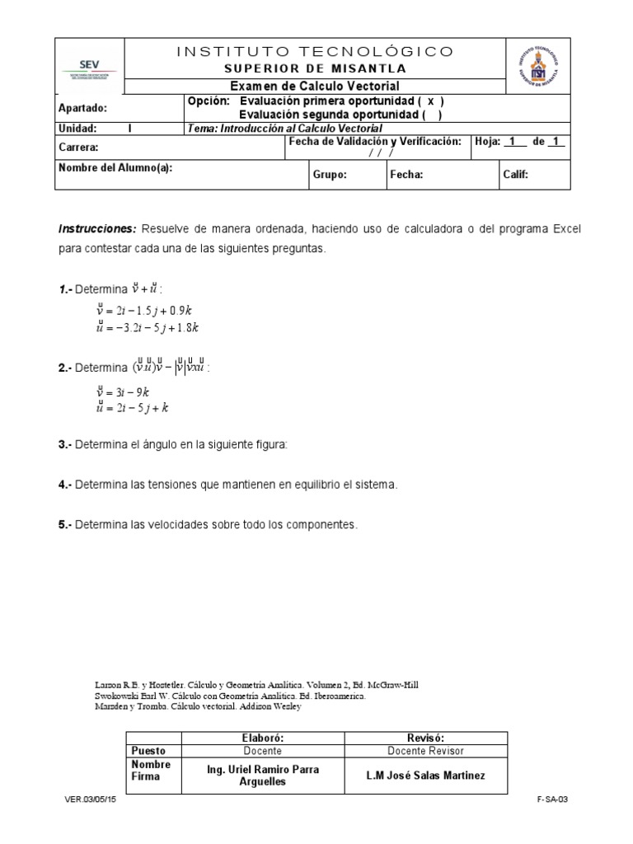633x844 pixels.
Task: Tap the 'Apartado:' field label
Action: (82, 107)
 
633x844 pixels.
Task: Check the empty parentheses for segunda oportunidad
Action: (428, 115)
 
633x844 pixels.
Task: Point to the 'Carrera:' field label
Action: (79, 148)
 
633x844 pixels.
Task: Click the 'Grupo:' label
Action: (330, 175)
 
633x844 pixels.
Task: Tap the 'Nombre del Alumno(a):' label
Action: (115, 167)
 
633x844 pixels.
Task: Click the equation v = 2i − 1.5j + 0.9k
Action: (148, 311)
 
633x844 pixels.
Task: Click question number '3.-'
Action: (65, 444)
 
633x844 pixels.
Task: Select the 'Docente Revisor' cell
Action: (426, 751)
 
